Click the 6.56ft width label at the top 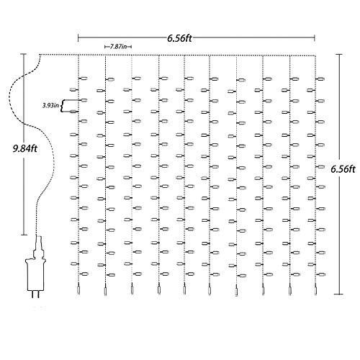[x=179, y=38]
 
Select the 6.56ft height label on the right [x=343, y=169]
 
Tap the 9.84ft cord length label [x=25, y=149]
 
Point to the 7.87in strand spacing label [x=118, y=47]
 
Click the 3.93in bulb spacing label [x=50, y=105]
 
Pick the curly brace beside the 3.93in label [x=62, y=106]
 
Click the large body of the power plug [x=35, y=276]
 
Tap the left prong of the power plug [x=32, y=294]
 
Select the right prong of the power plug [x=39, y=294]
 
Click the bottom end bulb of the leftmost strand [x=78, y=289]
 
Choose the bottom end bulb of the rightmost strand [x=315, y=289]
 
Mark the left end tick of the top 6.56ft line [x=78, y=38]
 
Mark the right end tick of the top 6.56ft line [x=315, y=37]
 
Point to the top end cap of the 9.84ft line [x=24, y=54]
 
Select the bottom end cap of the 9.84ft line [x=24, y=235]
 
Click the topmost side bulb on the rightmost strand [x=320, y=78]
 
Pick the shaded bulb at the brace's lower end [x=74, y=112]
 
